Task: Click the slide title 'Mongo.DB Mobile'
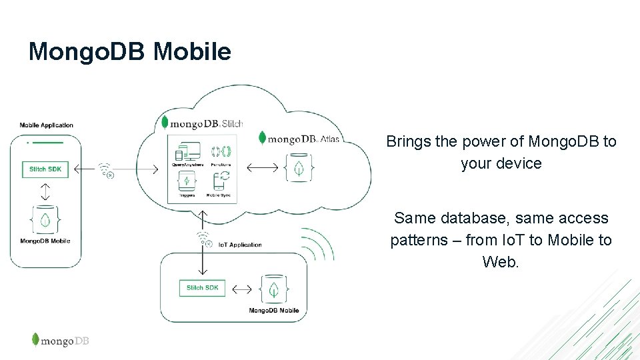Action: tap(129, 51)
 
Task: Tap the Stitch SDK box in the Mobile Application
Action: tap(45, 169)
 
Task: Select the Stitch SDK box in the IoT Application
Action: tap(203, 288)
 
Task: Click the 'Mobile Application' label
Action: tap(47, 125)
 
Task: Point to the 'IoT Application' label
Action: tap(241, 245)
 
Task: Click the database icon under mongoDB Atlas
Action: tap(300, 167)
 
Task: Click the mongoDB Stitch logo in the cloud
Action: tap(203, 123)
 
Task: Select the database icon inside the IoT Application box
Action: tap(273, 289)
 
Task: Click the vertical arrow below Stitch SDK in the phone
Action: tap(45, 192)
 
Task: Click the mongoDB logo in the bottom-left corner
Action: tap(60, 341)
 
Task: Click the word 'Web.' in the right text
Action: tap(500, 262)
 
